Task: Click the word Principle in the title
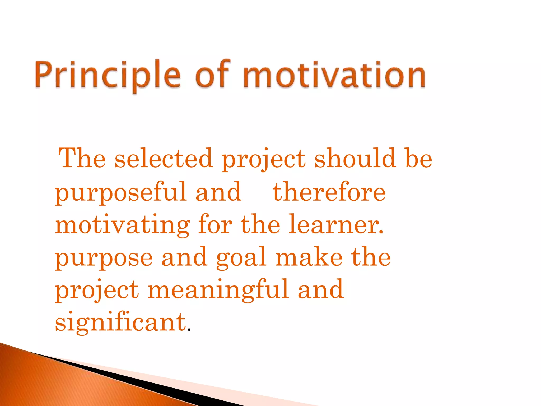click(108, 75)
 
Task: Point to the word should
click(355, 159)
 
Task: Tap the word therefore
click(329, 192)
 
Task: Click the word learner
click(335, 225)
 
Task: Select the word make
click(309, 257)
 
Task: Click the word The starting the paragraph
click(82, 159)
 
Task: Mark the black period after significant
click(189, 330)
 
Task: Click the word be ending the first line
click(419, 159)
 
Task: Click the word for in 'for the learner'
click(215, 225)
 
